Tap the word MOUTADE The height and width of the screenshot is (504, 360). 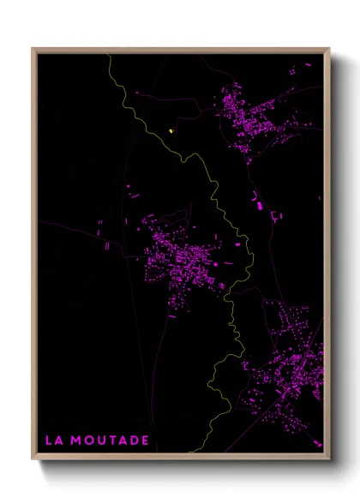coord(111,440)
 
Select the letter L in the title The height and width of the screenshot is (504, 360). coord(49,440)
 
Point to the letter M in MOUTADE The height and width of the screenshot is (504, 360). coord(76,440)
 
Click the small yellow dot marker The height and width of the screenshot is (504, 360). coord(171,131)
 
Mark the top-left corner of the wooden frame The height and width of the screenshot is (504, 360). coord(32,48)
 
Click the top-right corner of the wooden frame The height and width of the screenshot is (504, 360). coord(330,48)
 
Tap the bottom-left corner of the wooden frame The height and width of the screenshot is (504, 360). coord(32,459)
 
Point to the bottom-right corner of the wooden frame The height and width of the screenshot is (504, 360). coord(330,459)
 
